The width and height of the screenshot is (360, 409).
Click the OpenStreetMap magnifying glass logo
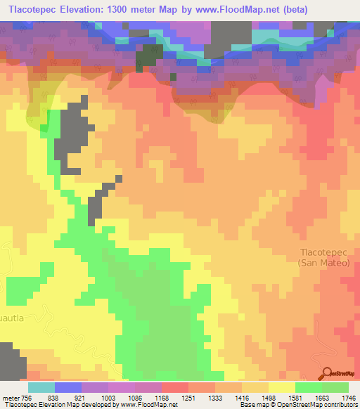[x=328, y=373]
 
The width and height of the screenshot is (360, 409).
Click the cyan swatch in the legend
[x=41, y=387]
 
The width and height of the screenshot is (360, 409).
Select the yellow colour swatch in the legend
[x=281, y=387]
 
